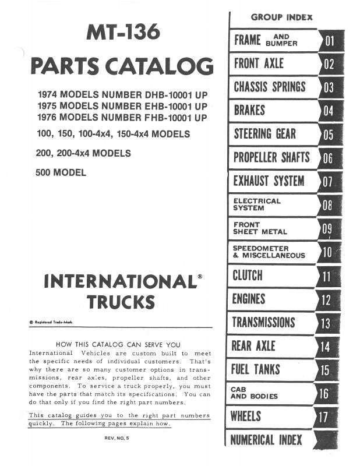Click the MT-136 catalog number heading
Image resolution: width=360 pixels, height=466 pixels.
122,33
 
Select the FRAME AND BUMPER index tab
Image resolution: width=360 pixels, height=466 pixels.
266,40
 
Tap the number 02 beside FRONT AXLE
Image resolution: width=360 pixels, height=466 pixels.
330,64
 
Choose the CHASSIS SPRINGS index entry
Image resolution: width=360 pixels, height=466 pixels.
269,87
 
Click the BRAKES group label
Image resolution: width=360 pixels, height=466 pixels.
249,111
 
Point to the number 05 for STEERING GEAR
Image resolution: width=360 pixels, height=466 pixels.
330,135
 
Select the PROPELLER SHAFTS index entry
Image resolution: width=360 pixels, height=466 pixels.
271,157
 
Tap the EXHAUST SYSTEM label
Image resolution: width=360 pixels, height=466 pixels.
269,181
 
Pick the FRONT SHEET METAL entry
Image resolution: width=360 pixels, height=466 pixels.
260,228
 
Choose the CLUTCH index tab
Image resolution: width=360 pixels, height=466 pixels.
248,275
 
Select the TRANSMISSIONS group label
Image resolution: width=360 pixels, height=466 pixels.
263,322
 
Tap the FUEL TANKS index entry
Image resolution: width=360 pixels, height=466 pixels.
255,369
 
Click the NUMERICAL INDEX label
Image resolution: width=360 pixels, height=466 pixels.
266,440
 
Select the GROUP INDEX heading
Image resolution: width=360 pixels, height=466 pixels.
281,17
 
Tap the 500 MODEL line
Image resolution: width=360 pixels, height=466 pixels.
61,172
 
